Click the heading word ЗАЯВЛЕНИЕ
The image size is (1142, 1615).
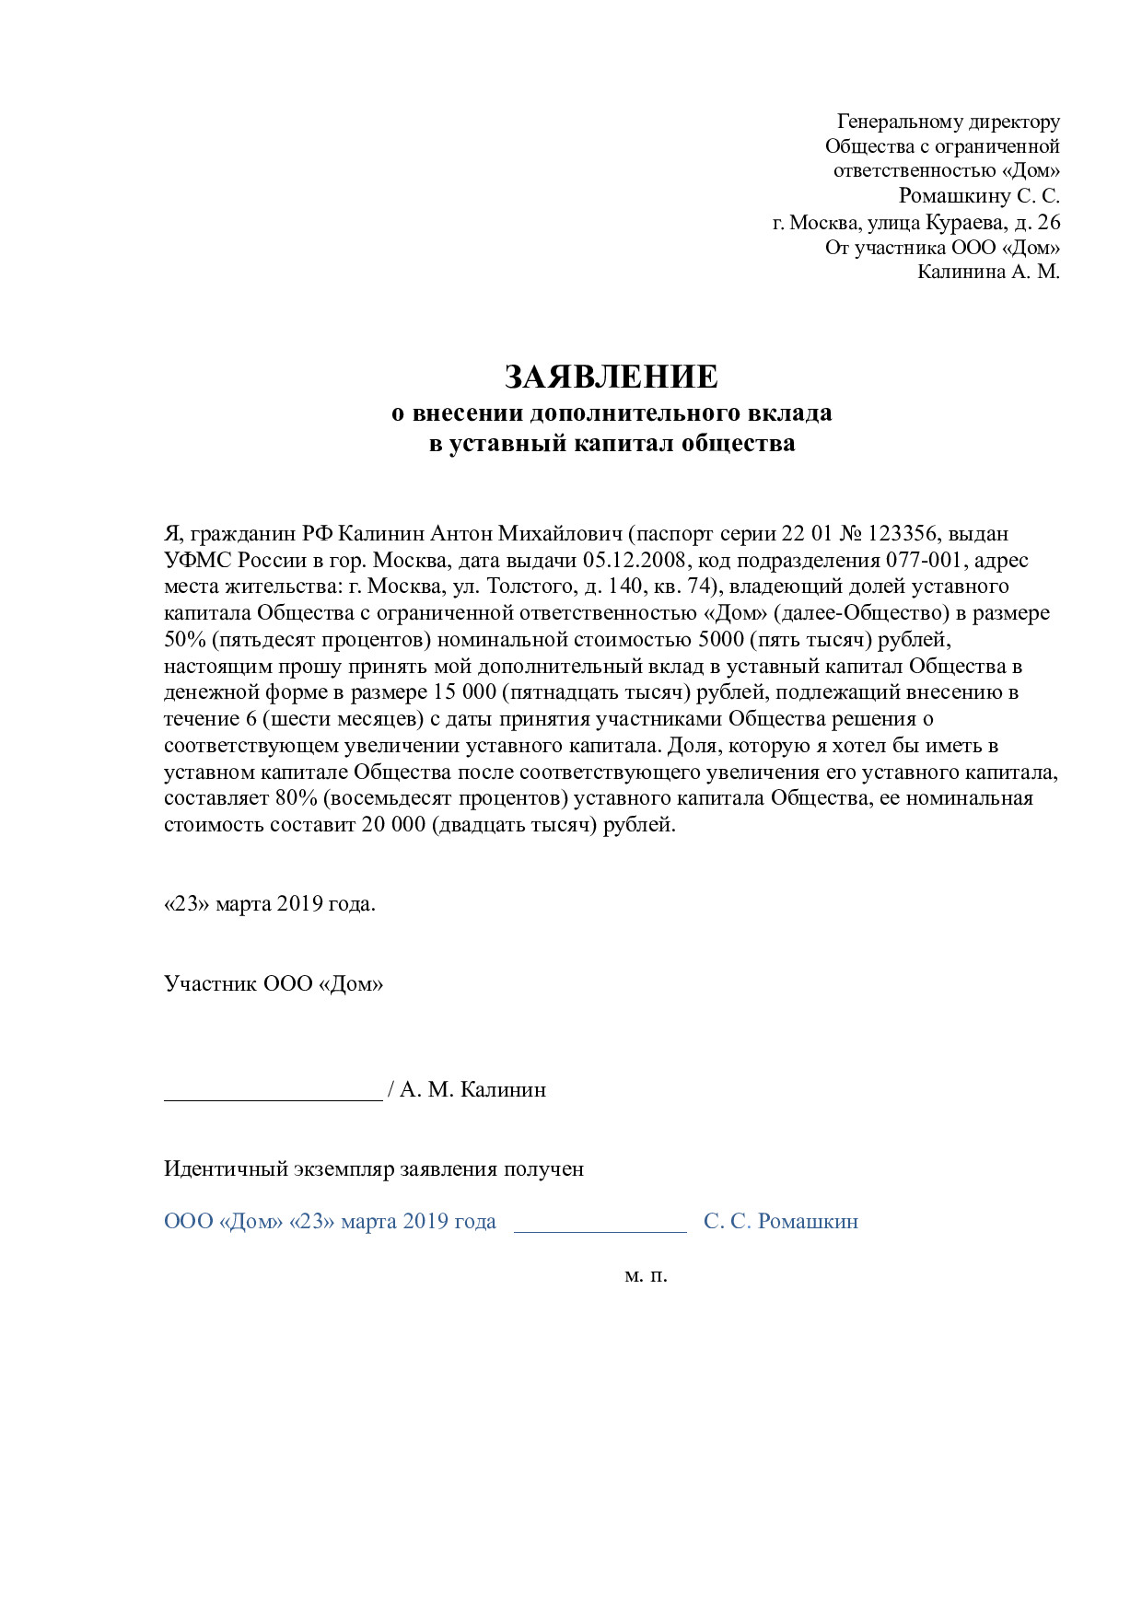click(x=611, y=377)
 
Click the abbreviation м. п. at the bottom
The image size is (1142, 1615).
click(x=646, y=1275)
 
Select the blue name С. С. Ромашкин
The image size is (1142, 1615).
click(x=781, y=1221)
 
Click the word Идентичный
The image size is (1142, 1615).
click(x=226, y=1169)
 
